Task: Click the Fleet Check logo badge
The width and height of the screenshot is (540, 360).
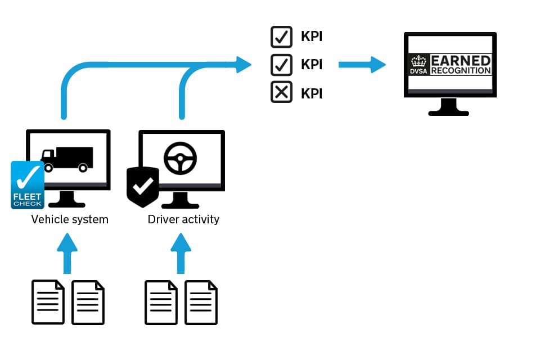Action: click(x=27, y=185)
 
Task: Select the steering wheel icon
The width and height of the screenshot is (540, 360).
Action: click(x=180, y=158)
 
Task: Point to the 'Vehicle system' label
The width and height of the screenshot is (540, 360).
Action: click(x=70, y=219)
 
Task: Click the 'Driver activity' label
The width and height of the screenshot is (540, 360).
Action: click(x=183, y=219)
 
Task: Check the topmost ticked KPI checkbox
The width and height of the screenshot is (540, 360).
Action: click(x=281, y=37)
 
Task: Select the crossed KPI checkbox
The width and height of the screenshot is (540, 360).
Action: click(x=281, y=92)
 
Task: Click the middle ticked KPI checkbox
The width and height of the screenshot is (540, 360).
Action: click(x=281, y=64)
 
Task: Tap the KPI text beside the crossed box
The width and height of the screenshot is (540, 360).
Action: click(x=312, y=93)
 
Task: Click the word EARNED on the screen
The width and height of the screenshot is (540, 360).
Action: click(x=460, y=60)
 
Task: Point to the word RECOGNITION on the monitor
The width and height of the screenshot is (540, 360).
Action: click(x=460, y=70)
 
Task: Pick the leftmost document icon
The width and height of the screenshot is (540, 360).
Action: click(x=47, y=302)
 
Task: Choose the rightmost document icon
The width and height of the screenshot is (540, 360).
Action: click(x=201, y=302)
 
